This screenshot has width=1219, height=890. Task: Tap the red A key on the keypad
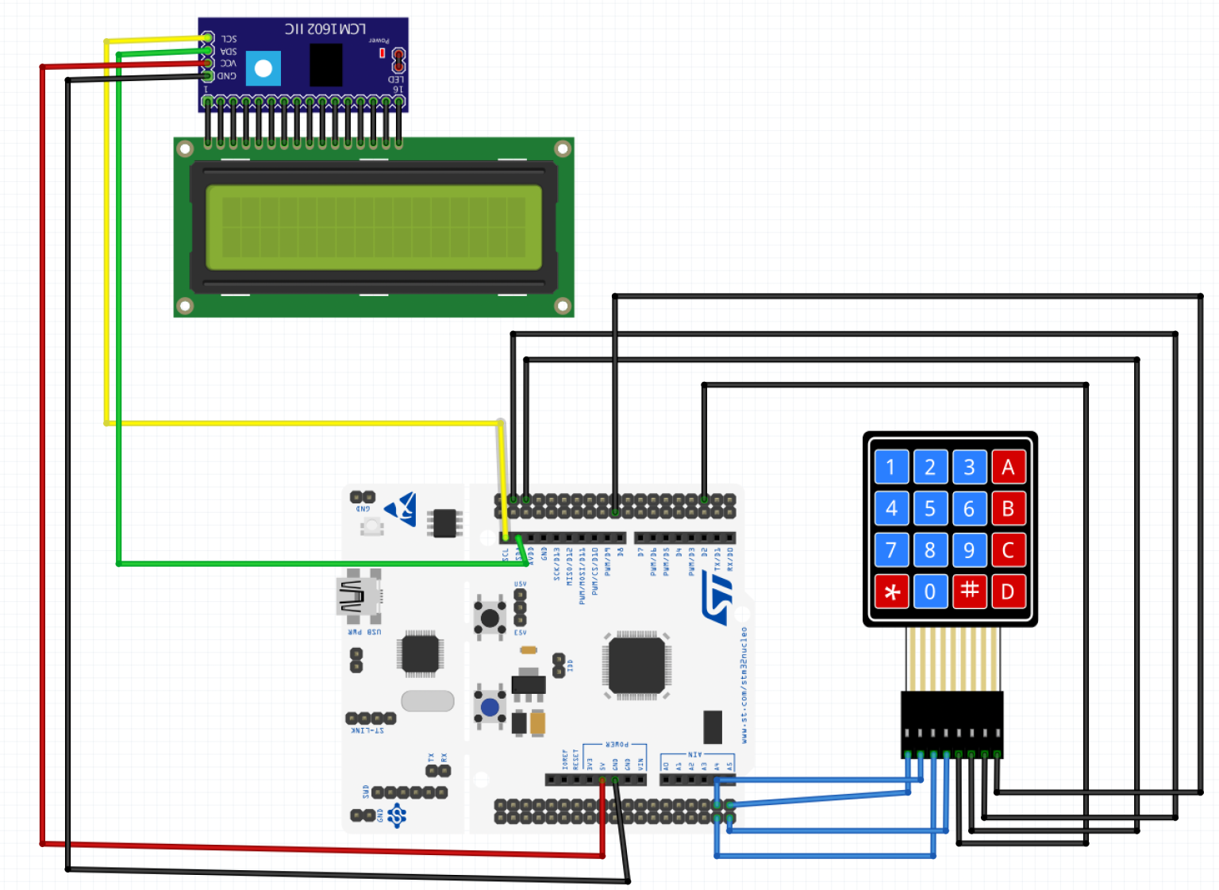pos(1008,467)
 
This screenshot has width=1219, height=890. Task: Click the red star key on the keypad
pos(891,591)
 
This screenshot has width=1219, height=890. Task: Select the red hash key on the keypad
pos(969,591)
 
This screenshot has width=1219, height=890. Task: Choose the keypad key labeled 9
pos(969,549)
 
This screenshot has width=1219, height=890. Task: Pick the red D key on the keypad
pos(1008,591)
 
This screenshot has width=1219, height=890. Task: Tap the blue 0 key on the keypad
pos(930,591)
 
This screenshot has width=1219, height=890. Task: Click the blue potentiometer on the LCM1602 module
pos(263,69)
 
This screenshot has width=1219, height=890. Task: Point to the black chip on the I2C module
pos(325,65)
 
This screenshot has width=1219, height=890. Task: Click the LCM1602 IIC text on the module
pos(325,29)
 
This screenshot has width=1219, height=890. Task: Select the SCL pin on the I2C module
pos(208,38)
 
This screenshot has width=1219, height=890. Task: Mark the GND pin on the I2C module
pos(208,75)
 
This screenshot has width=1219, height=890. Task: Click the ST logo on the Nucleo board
pos(718,599)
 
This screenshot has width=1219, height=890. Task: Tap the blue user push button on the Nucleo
pos(490,707)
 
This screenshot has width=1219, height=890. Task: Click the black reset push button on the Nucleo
pos(490,618)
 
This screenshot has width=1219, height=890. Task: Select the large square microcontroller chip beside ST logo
pos(636,664)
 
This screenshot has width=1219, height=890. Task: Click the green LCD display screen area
pos(374,227)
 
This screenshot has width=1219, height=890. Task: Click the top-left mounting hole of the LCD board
pos(185,148)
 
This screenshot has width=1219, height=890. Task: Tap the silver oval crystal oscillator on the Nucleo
pos(428,700)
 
